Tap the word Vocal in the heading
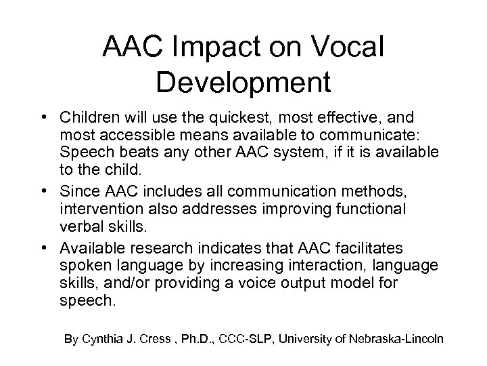click(x=348, y=47)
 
